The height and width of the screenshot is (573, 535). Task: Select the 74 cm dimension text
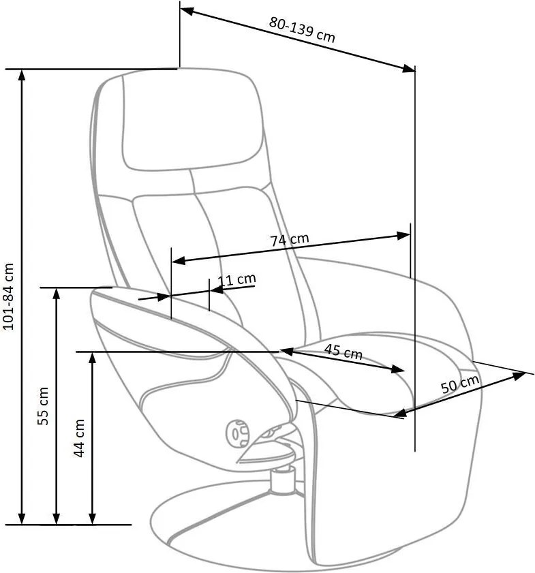(290, 240)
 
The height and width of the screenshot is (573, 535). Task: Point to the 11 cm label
(236, 279)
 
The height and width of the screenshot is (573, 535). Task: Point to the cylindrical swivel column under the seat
(281, 480)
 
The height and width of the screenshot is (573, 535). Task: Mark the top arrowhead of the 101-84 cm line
(22, 74)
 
